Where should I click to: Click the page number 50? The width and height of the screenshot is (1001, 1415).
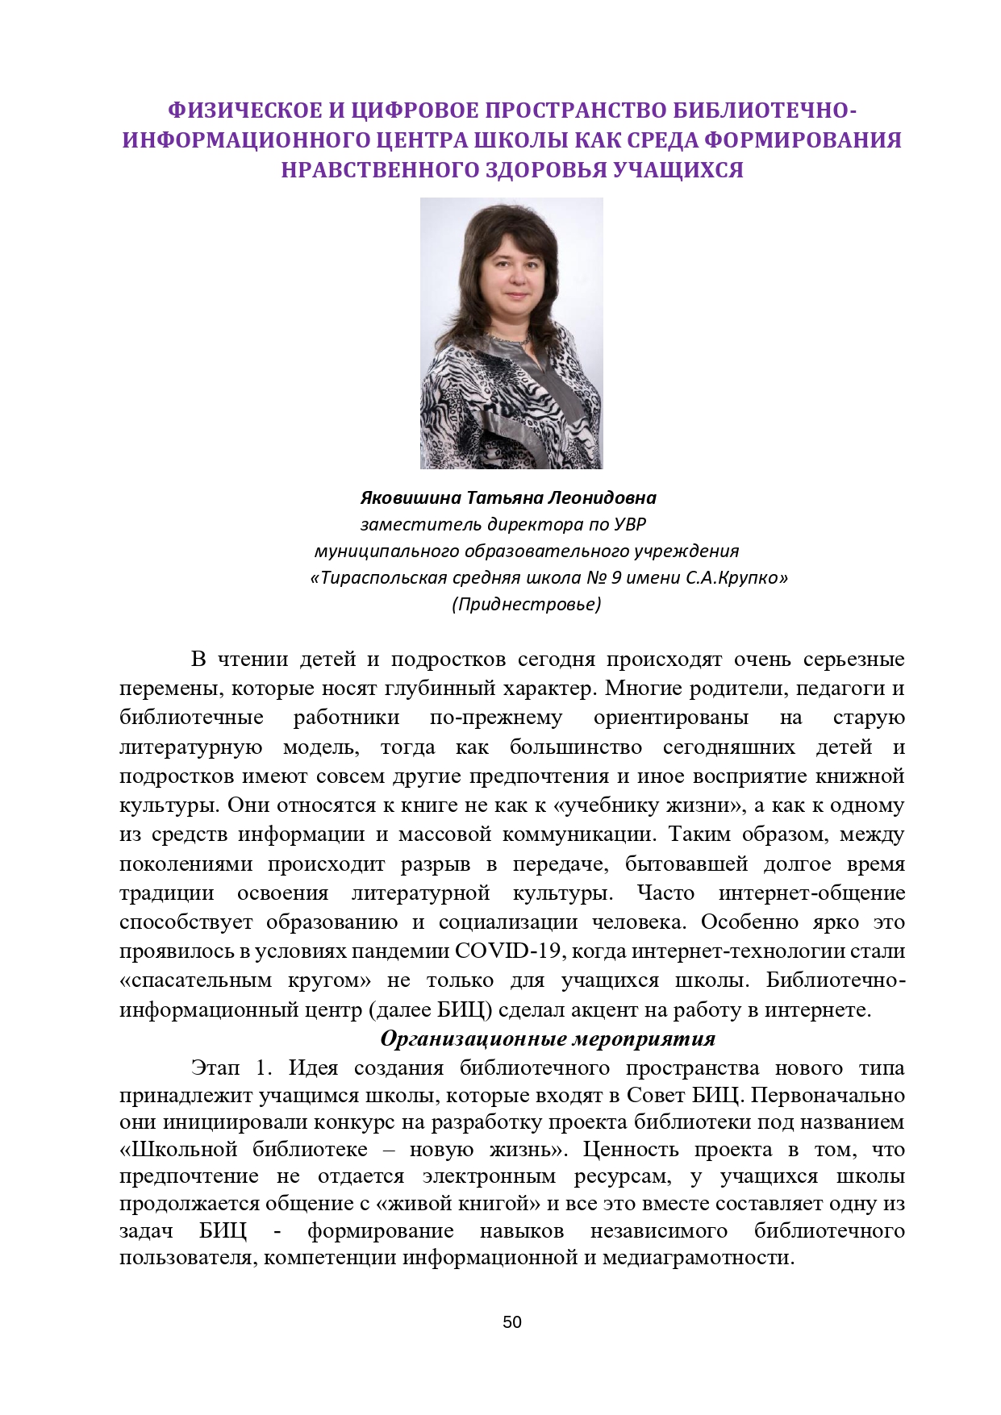[x=511, y=1321]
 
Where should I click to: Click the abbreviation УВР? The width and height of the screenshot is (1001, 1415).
[x=630, y=524]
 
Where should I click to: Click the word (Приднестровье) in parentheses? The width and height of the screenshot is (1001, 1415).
[x=526, y=604]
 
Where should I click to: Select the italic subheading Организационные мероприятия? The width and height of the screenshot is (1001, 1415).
[x=548, y=1038]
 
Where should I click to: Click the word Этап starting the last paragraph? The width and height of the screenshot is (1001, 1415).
[x=215, y=1068]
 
